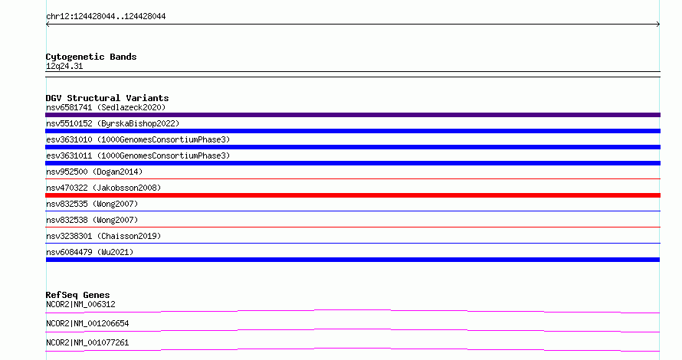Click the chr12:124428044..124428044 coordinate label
pos(106,17)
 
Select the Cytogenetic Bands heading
pos(91,57)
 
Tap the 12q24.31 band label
pos(64,67)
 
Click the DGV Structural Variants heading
pos(107,98)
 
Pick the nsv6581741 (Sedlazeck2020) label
pos(106,107)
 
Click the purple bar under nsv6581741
pos(352,115)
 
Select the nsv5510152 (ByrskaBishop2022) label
pos(113,123)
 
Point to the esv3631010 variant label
pos(138,139)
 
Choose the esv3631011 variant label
pos(138,155)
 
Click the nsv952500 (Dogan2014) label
pos(94,172)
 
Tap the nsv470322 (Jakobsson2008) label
pos(103,188)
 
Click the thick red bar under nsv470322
pos(352,195)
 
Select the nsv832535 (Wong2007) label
pos(92,204)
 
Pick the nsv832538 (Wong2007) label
pos(92,220)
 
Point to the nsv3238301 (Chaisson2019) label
pos(103,236)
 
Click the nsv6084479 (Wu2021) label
pos(90,252)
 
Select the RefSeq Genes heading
pos(77,295)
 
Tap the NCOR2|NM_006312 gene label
pos(80,304)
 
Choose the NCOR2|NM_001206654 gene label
pos(87,323)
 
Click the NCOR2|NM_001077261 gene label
pos(87,342)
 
